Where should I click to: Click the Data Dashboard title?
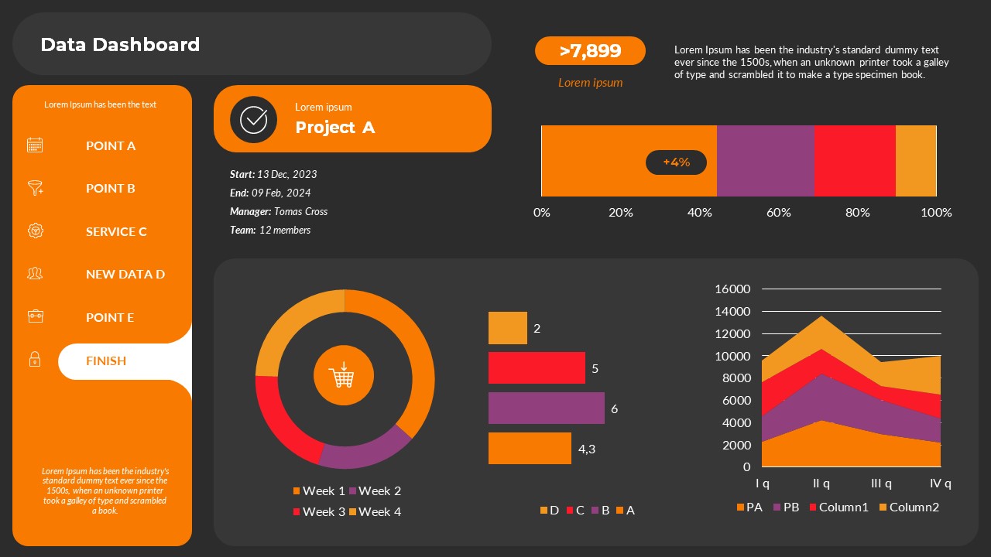coord(120,45)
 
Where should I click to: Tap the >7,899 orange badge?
coord(590,51)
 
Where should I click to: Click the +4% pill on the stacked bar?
coord(676,162)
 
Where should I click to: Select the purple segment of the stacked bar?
coord(765,161)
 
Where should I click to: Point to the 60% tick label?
coord(778,213)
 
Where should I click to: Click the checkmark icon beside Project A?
coord(253,119)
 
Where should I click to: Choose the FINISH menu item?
coord(106,361)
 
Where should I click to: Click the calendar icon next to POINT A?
coord(35,145)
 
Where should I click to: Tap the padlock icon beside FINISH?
coord(35,360)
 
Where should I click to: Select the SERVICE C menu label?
coord(116,231)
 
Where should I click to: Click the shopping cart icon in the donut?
coord(343,377)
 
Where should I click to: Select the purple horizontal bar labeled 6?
coord(546,408)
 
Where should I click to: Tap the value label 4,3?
coord(587,449)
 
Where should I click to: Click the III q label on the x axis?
coord(881,484)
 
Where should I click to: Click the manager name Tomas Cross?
coord(300,211)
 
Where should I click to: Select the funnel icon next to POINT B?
coord(35,188)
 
